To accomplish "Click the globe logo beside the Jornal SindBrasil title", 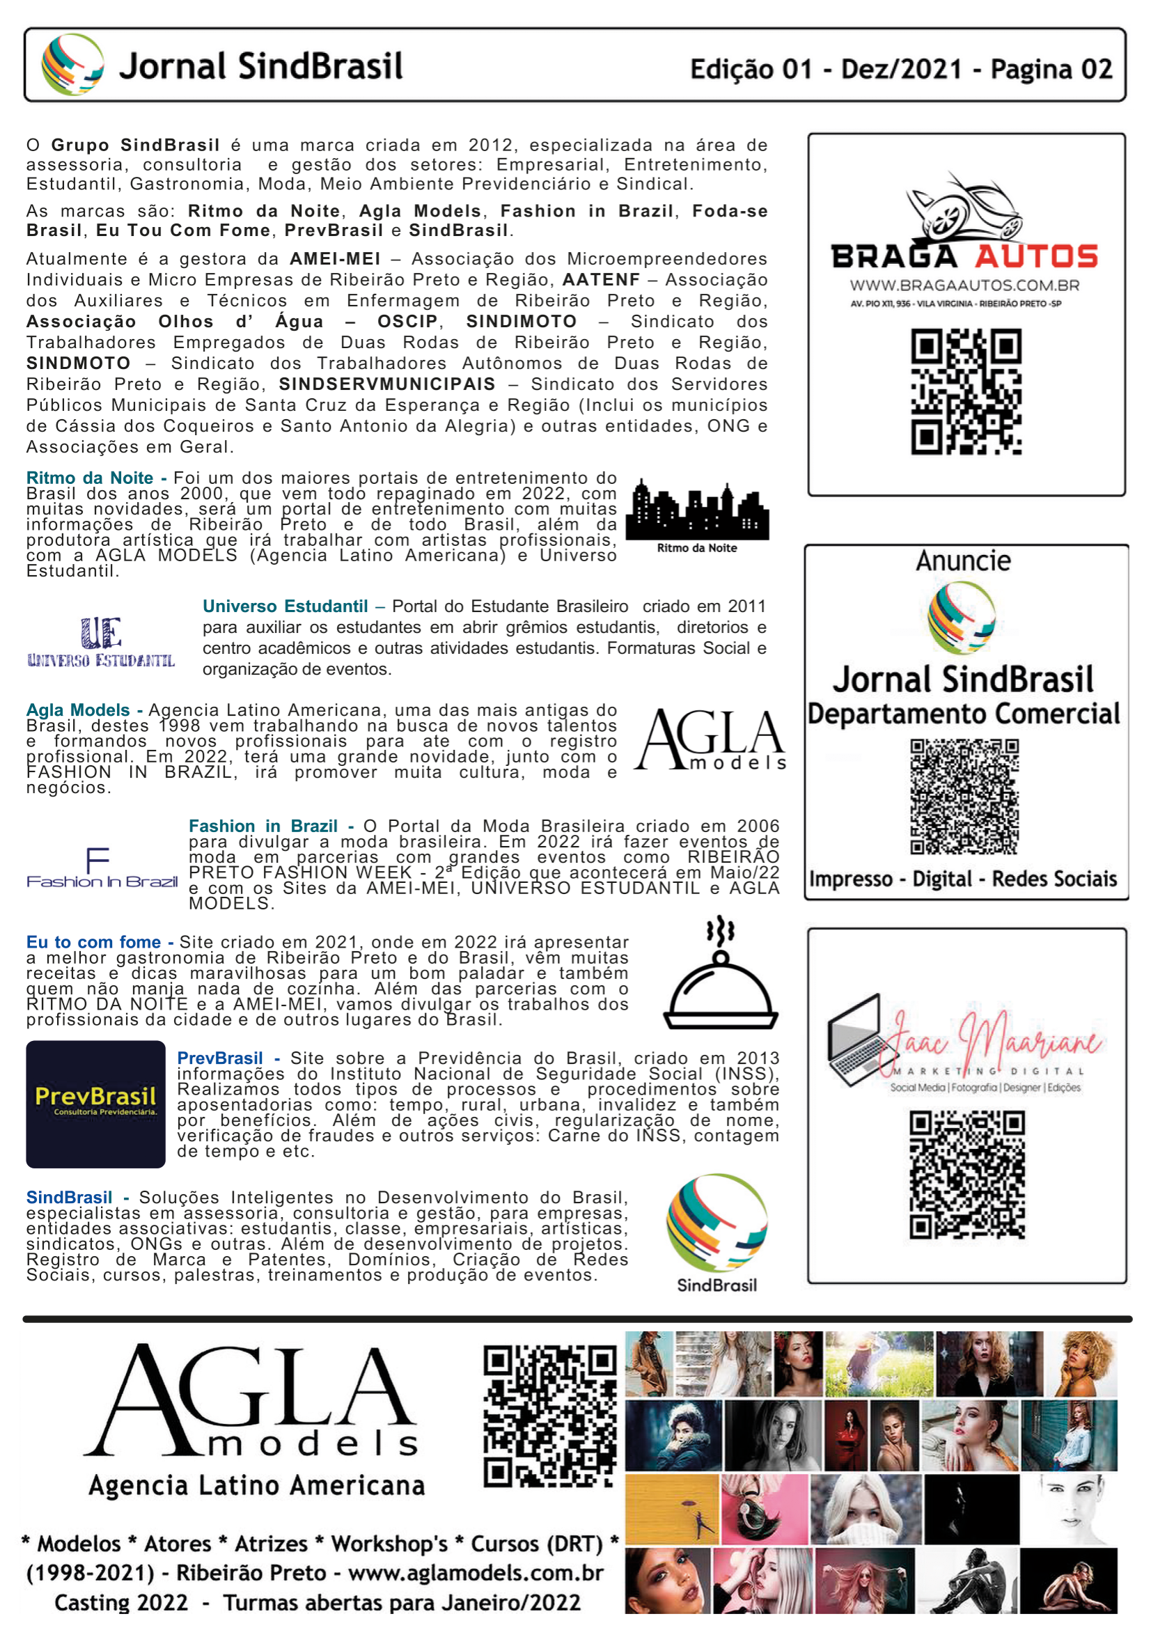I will [x=72, y=65].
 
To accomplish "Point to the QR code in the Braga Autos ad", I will [x=966, y=391].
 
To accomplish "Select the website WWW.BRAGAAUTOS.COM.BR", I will [x=964, y=286].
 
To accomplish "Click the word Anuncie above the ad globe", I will [x=963, y=561].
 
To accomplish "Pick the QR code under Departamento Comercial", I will [x=964, y=796].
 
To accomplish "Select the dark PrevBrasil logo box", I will [x=95, y=1104].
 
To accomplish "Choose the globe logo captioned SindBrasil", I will [x=717, y=1223].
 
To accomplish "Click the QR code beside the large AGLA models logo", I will [x=549, y=1416].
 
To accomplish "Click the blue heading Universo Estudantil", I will [x=285, y=606].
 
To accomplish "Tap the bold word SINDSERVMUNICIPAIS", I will [x=386, y=384].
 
